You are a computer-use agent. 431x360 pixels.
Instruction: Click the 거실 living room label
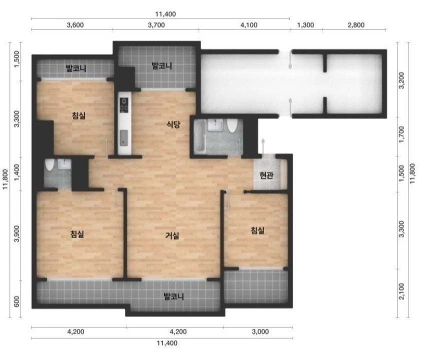tap(172, 235)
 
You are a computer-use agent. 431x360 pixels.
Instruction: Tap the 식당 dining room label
tap(173, 124)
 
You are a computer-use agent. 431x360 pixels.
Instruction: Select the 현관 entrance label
tap(266, 175)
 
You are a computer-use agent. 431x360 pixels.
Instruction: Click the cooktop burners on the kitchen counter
tap(124, 105)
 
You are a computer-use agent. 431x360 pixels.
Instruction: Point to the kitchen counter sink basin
tap(124, 138)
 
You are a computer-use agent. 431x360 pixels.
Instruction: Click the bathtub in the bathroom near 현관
tap(199, 136)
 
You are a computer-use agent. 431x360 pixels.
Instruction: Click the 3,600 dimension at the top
tap(75, 25)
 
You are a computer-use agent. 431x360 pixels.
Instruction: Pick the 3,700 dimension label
tap(156, 25)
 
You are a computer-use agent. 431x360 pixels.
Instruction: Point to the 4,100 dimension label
tap(249, 25)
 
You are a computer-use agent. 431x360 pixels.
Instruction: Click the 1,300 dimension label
tap(305, 25)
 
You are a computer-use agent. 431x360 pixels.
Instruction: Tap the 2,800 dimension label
tap(356, 25)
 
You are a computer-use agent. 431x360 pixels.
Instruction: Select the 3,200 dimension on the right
tap(401, 80)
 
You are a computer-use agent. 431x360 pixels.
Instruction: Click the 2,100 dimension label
tap(401, 291)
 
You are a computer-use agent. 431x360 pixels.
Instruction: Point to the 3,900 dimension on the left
tap(17, 234)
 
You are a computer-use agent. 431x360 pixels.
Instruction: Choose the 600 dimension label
tap(17, 301)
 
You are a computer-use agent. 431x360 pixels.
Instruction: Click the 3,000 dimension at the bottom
tap(260, 331)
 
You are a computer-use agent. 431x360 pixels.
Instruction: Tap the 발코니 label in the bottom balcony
tap(173, 296)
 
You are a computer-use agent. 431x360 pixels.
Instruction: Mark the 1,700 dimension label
tap(401, 134)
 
